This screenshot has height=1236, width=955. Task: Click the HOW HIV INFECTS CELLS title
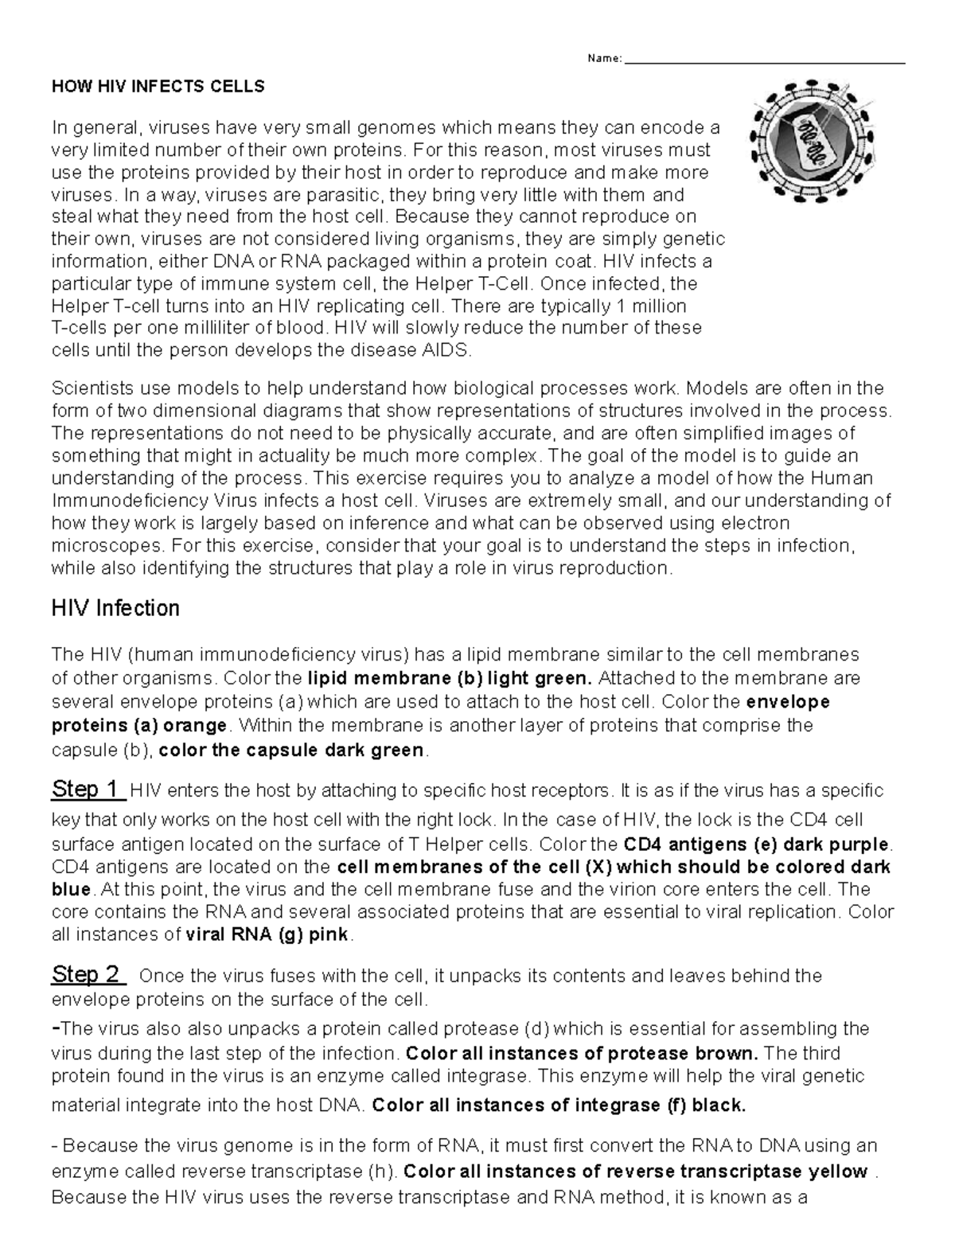pos(158,87)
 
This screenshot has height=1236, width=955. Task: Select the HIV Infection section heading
pos(115,609)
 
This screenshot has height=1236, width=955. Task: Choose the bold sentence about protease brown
pos(581,1053)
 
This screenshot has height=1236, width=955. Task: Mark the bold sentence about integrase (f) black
pos(559,1105)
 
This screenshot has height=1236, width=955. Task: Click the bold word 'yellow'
pos(837,1171)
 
